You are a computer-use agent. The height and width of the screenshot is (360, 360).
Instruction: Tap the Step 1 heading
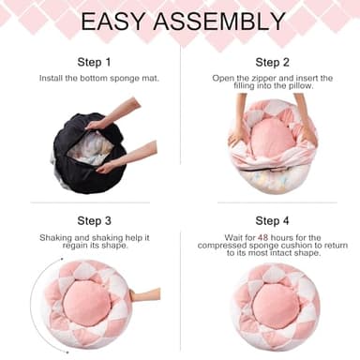[94, 63]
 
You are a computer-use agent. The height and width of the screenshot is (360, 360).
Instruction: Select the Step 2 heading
[271, 63]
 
